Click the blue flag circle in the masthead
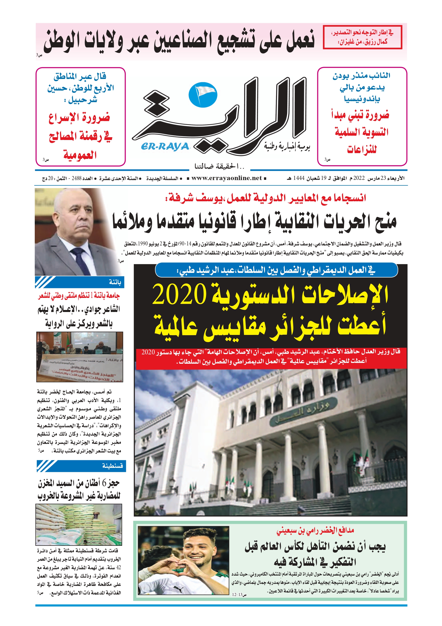click(203, 95)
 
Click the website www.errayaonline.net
click(226, 178)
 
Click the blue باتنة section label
click(115, 282)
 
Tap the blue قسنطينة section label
click(112, 466)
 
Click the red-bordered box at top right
click(362, 37)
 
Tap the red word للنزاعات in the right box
click(362, 149)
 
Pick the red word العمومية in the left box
click(80, 155)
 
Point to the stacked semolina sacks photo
click(79, 524)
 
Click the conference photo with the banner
click(80, 357)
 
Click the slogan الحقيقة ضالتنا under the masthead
click(219, 166)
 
